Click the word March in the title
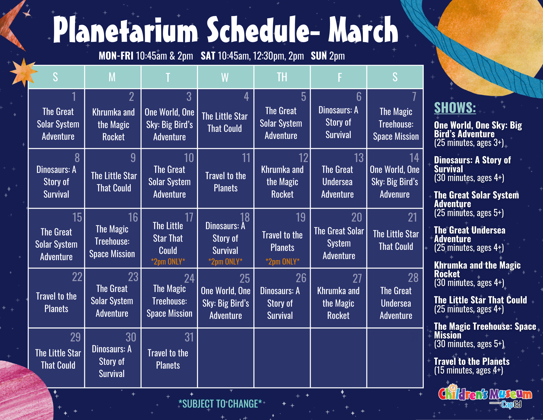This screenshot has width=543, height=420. [363, 30]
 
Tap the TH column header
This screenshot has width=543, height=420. [282, 77]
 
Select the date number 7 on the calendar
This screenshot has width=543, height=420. [414, 97]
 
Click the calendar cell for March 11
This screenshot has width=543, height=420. [226, 178]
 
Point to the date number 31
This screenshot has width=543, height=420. [189, 337]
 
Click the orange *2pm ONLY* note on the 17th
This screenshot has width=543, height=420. [168, 262]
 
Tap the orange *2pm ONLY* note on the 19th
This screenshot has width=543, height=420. [282, 262]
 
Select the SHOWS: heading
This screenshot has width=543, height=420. [455, 108]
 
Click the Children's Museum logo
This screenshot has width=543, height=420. [485, 396]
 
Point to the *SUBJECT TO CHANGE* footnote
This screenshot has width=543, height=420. [220, 404]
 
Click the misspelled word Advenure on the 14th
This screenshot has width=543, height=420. [395, 194]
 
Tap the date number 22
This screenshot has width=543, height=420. [77, 277]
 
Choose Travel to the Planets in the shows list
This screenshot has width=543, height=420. [472, 361]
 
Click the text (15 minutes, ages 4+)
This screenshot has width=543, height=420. [469, 370]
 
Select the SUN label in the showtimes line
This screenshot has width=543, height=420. [319, 56]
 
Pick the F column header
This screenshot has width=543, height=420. [340, 77]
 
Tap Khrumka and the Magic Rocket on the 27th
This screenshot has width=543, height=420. [338, 303]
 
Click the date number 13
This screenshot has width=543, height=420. [359, 158]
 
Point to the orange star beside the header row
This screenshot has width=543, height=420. [24, 72]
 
